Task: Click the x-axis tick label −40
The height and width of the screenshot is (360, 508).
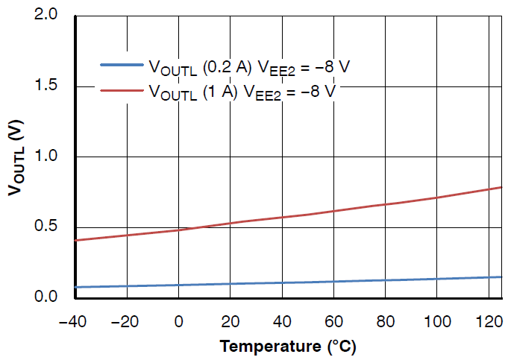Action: pos(75,323)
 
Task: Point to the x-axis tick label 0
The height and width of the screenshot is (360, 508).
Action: pos(179,323)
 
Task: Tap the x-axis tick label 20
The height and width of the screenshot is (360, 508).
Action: pos(231,323)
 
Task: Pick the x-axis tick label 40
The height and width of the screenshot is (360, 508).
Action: pos(282,323)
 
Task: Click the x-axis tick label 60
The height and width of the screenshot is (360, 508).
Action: pos(333,323)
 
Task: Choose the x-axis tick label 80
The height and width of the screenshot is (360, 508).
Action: pos(385,323)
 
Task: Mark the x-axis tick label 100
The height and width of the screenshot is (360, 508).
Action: pos(436,323)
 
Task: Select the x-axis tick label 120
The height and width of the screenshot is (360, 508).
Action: pos(488,323)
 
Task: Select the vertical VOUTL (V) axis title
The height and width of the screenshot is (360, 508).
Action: pos(16,157)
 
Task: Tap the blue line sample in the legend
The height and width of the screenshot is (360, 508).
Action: pos(121,66)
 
